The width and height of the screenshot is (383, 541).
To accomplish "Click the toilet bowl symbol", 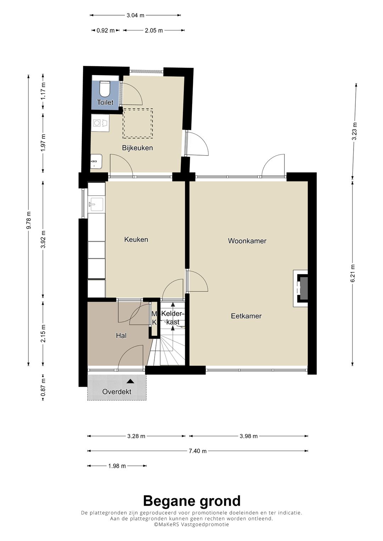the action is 105,89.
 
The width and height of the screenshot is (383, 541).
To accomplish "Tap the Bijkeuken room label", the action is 137,148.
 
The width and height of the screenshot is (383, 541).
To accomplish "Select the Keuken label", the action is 136,239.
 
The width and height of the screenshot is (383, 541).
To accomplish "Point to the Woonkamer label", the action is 247,241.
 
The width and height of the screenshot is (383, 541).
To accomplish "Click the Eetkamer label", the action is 246,316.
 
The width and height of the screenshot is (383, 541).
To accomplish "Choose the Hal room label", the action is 121,336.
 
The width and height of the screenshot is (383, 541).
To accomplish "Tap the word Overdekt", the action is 117,391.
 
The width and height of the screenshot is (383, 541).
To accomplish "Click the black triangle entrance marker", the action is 131,381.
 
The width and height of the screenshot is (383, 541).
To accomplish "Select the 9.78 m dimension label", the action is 28,220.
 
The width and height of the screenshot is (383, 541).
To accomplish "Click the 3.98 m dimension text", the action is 249,436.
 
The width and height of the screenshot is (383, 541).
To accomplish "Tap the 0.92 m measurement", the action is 106,30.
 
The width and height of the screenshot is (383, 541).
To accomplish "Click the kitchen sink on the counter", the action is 96,205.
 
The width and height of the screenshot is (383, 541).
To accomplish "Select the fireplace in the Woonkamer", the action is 301,288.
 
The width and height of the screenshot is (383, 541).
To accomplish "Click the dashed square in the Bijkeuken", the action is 138,123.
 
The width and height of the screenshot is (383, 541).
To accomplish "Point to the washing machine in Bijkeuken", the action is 100,123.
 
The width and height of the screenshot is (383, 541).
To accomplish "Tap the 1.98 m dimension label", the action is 117,466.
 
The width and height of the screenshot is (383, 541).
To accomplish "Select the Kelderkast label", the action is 173,318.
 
